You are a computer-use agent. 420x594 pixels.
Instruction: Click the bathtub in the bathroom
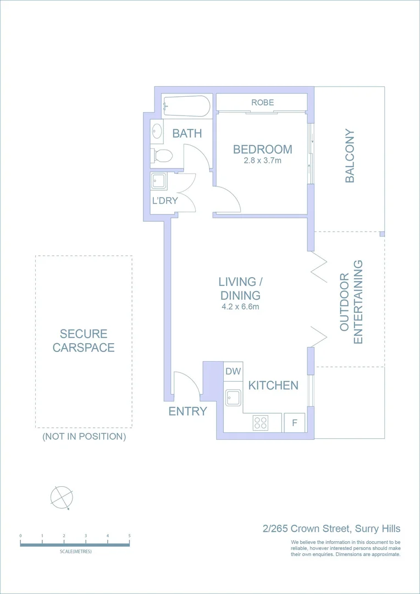point(186,107)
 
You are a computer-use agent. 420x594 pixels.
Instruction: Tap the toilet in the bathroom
point(162,156)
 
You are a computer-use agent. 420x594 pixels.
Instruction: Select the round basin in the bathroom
point(157,132)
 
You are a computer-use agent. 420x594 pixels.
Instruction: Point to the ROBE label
point(262,102)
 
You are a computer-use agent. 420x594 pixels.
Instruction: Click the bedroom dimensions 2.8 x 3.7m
point(262,161)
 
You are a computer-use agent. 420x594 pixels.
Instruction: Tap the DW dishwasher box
point(233,372)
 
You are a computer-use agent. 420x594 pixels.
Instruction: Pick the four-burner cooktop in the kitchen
point(261,423)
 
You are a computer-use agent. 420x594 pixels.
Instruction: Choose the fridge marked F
point(294,423)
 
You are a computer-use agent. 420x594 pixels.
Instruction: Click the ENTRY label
point(187,411)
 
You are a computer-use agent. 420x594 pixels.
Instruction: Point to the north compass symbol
point(62,498)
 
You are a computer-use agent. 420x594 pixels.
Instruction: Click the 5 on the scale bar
point(129,536)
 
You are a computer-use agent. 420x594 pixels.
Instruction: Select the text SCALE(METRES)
point(75,551)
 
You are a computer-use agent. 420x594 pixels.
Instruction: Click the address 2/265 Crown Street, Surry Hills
point(331,529)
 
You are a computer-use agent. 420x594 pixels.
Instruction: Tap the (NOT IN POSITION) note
point(84,437)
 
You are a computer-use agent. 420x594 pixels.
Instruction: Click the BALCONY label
point(350,156)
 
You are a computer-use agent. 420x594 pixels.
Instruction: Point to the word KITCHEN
point(273,386)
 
